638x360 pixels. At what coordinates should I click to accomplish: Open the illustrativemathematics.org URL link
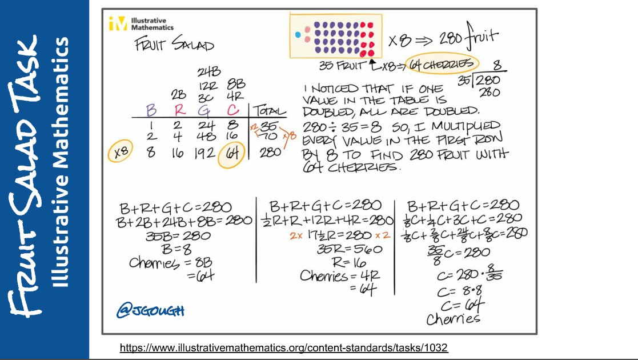point(284,347)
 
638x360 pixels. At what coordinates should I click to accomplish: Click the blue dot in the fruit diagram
point(297,35)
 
